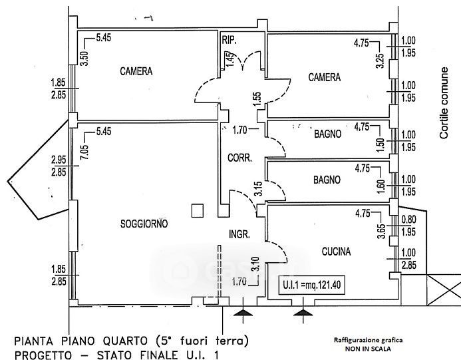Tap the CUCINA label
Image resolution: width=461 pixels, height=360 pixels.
pos(336,251)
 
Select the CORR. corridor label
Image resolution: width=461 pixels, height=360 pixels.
pos(239,159)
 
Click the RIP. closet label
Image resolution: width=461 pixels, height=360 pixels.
pos(229,40)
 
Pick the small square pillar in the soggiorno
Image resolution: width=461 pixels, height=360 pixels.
pos(196,211)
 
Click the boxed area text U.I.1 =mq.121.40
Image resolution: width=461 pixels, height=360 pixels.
pos(313,286)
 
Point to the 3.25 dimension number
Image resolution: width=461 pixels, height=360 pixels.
pos(380,63)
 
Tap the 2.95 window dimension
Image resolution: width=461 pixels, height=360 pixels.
pos(59,160)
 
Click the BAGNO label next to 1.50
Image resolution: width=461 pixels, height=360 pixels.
pos(327,134)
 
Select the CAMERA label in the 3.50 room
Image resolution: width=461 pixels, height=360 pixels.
pos(137,71)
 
